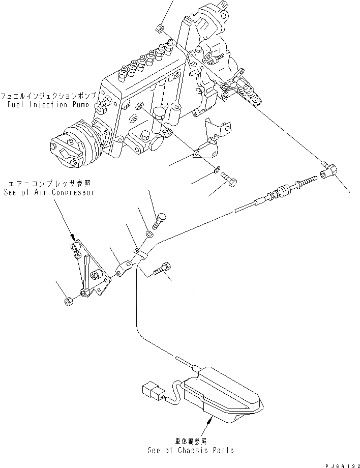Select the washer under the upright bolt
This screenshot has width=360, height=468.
[148, 235]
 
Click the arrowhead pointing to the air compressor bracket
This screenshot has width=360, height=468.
[75, 238]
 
